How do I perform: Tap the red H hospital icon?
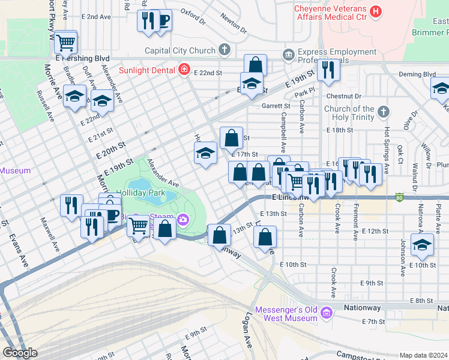tap(376, 11)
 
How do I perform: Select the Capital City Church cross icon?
tap(224, 50)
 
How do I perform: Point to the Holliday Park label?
tap(140, 193)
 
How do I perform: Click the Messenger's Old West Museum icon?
tap(326, 313)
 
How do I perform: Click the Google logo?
tap(20, 353)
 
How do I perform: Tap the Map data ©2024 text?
tap(423, 355)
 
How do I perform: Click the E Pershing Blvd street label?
tap(83, 59)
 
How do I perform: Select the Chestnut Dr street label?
tap(344, 96)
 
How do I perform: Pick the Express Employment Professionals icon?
tap(289, 56)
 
